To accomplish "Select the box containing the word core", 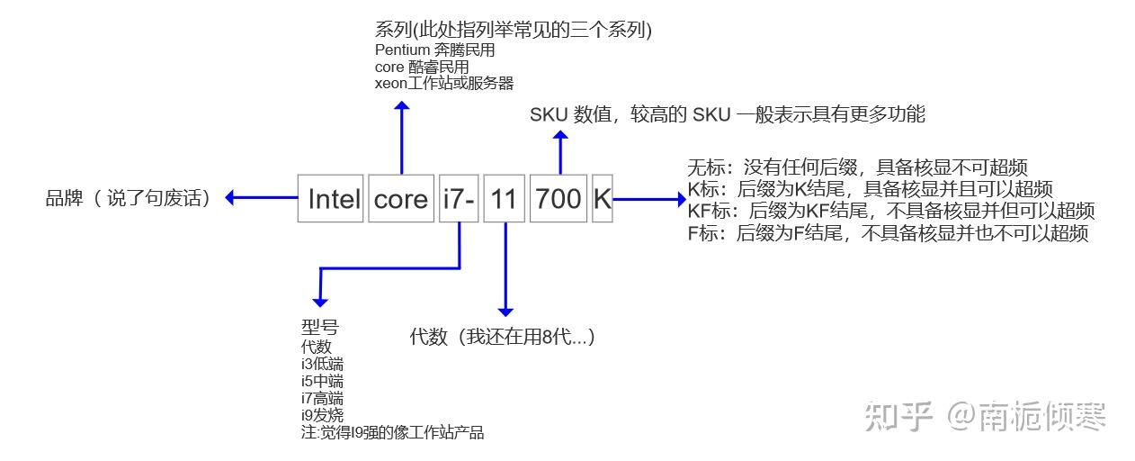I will tap(400, 198).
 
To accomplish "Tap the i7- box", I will tap(458, 198).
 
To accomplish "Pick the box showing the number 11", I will tap(504, 198).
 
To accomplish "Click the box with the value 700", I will tap(559, 198).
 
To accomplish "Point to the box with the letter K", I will tap(602, 198).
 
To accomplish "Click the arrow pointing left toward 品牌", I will tap(232, 198).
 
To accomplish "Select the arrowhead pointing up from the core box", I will tap(402, 107).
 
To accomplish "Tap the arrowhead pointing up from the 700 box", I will tap(560, 136).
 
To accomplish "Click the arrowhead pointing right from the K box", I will tap(679, 198).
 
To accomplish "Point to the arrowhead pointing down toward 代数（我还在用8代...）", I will tap(505, 308).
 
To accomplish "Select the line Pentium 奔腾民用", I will tap(434, 50).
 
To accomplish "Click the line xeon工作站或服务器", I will tap(444, 83).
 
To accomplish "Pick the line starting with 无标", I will tap(857, 167).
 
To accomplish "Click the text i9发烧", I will tap(322, 415).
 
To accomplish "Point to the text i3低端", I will tap(322, 364).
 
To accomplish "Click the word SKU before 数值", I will tap(548, 114).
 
